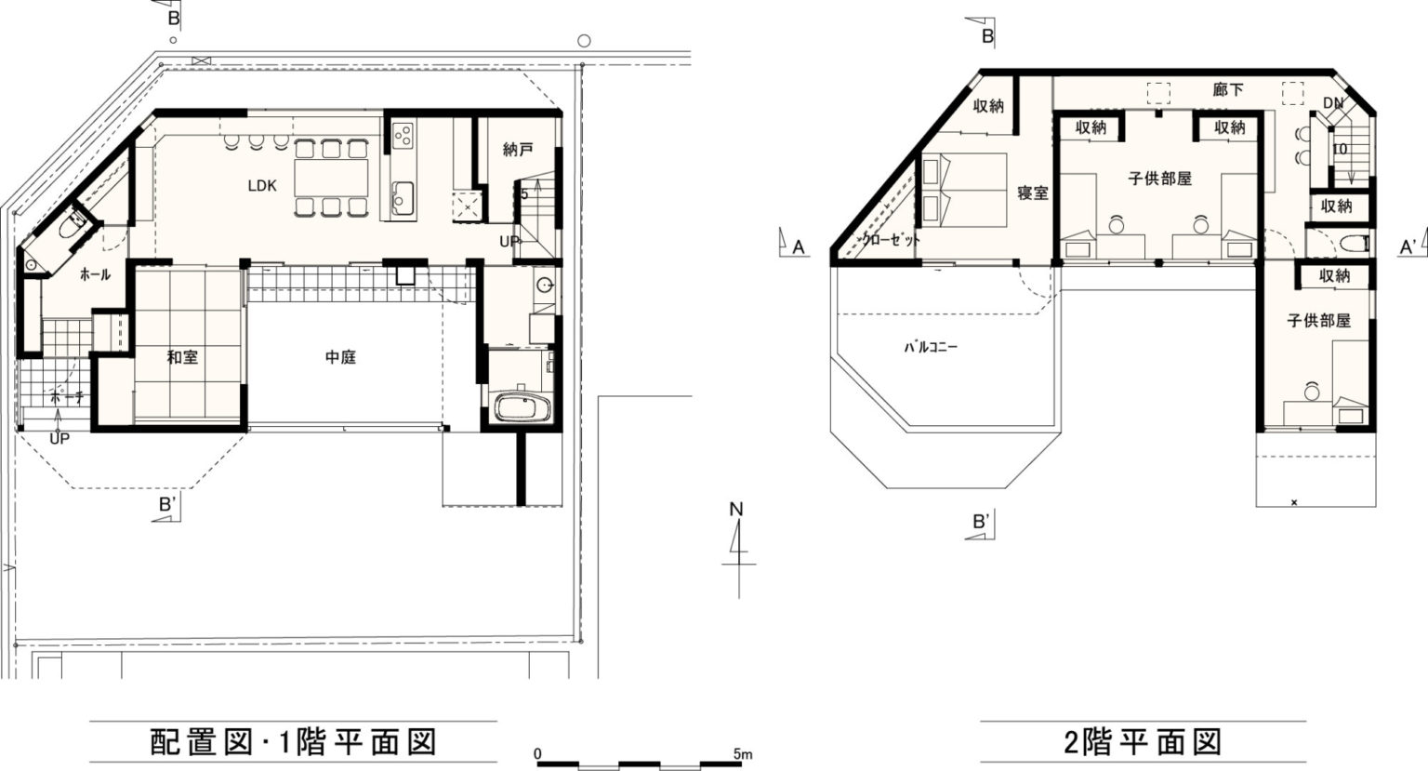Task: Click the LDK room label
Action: pyautogui.click(x=262, y=186)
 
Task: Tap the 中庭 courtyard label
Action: pyautogui.click(x=340, y=357)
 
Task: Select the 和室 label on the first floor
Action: pyautogui.click(x=182, y=357)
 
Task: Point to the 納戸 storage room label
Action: pyautogui.click(x=518, y=150)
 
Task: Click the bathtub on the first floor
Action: pyautogui.click(x=522, y=407)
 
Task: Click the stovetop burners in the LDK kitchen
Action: pyautogui.click(x=403, y=135)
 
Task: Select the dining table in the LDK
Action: pyautogui.click(x=332, y=178)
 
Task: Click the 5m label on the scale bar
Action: pyautogui.click(x=743, y=754)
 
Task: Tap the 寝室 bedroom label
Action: pyautogui.click(x=1033, y=192)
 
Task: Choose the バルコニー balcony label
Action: pyautogui.click(x=931, y=348)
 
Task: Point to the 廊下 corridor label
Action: pyautogui.click(x=1228, y=89)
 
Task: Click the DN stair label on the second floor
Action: pyautogui.click(x=1334, y=103)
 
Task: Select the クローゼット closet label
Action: pyautogui.click(x=891, y=241)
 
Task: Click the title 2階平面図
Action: pyautogui.click(x=1143, y=741)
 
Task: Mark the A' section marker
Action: pyautogui.click(x=1408, y=246)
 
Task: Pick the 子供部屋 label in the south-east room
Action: pyautogui.click(x=1318, y=321)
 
